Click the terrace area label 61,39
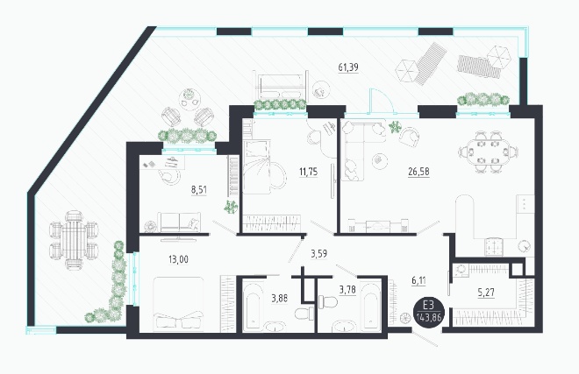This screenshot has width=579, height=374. tap(348, 67)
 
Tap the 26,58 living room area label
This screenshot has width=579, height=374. tap(418, 172)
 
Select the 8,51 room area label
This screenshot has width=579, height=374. tap(198, 190)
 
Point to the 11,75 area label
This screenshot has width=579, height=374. tap(308, 172)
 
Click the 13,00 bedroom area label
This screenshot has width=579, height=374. tap(178, 259)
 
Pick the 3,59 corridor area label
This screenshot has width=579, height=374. tap(318, 254)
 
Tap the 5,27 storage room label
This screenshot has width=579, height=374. tap(486, 293)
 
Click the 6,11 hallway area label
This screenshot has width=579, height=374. tap(418, 280)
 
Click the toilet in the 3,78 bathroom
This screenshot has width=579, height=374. tap(328, 301)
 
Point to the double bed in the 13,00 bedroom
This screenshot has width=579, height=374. tap(178, 304)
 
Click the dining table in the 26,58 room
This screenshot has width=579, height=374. tap(488, 152)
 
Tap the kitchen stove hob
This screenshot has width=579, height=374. tap(494, 247)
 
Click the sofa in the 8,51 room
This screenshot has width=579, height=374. tap(179, 222)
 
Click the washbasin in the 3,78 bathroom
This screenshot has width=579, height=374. tap(344, 327)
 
